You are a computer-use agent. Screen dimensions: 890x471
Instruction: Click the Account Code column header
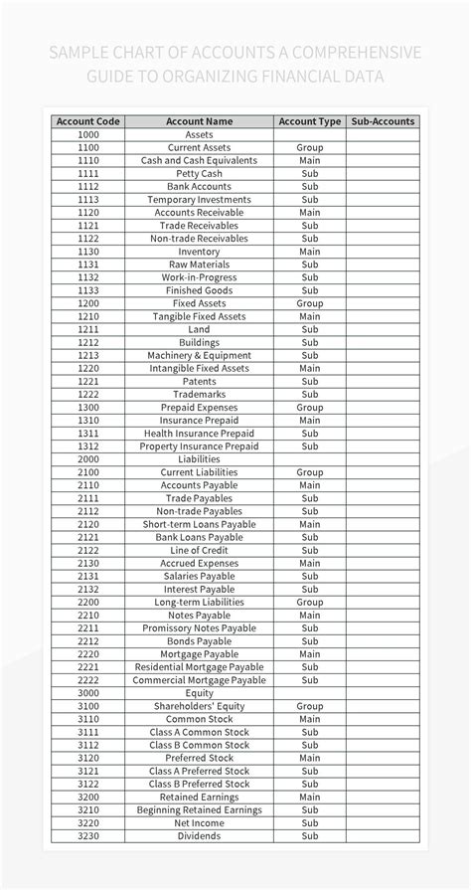pos(88,121)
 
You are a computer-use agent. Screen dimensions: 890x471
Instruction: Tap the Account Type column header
pos(309,121)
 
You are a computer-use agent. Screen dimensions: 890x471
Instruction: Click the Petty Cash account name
pos(199,173)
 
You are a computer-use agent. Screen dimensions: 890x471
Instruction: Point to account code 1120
pos(88,212)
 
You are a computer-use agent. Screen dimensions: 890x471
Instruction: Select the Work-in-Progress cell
pos(199,277)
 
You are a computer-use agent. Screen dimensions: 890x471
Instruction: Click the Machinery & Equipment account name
pos(199,355)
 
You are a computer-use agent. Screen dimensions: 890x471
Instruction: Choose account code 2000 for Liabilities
pos(88,459)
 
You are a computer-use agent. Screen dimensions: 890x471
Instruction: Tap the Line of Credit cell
pos(199,550)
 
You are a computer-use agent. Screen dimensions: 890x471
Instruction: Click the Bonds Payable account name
pos(199,641)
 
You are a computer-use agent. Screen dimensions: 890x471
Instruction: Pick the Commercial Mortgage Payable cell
pos(199,680)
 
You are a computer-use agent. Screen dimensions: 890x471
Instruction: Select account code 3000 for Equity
pos(88,693)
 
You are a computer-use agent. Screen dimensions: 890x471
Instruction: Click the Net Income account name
pos(199,822)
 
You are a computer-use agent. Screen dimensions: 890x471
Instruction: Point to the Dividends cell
pos(199,836)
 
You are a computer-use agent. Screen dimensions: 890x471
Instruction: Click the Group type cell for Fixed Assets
pos(309,303)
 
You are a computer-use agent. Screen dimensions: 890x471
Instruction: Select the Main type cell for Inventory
pos(309,252)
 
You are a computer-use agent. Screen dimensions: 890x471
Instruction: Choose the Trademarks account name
pos(199,394)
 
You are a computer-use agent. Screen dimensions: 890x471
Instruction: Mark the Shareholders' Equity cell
pos(199,706)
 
